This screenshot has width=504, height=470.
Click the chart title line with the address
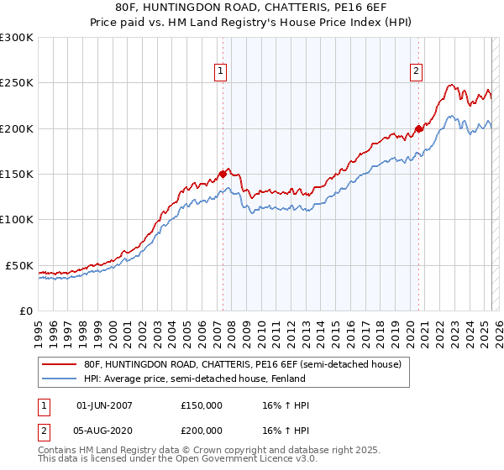[x=252, y=8]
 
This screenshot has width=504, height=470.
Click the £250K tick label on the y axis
[x=17, y=83]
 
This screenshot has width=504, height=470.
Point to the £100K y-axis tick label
[x=17, y=219]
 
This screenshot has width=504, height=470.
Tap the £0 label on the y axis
[x=24, y=311]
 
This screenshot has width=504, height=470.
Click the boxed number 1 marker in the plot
[x=220, y=72]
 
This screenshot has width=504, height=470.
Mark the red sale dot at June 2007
[x=223, y=175]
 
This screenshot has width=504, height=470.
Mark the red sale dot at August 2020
[x=418, y=129]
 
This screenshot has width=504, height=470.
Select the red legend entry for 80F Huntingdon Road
[x=244, y=364]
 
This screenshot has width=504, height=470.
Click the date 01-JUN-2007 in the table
[x=104, y=405]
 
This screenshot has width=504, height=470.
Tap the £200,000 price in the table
[x=202, y=429]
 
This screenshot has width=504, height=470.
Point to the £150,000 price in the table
[x=202, y=405]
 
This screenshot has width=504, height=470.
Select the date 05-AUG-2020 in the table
[x=104, y=429]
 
